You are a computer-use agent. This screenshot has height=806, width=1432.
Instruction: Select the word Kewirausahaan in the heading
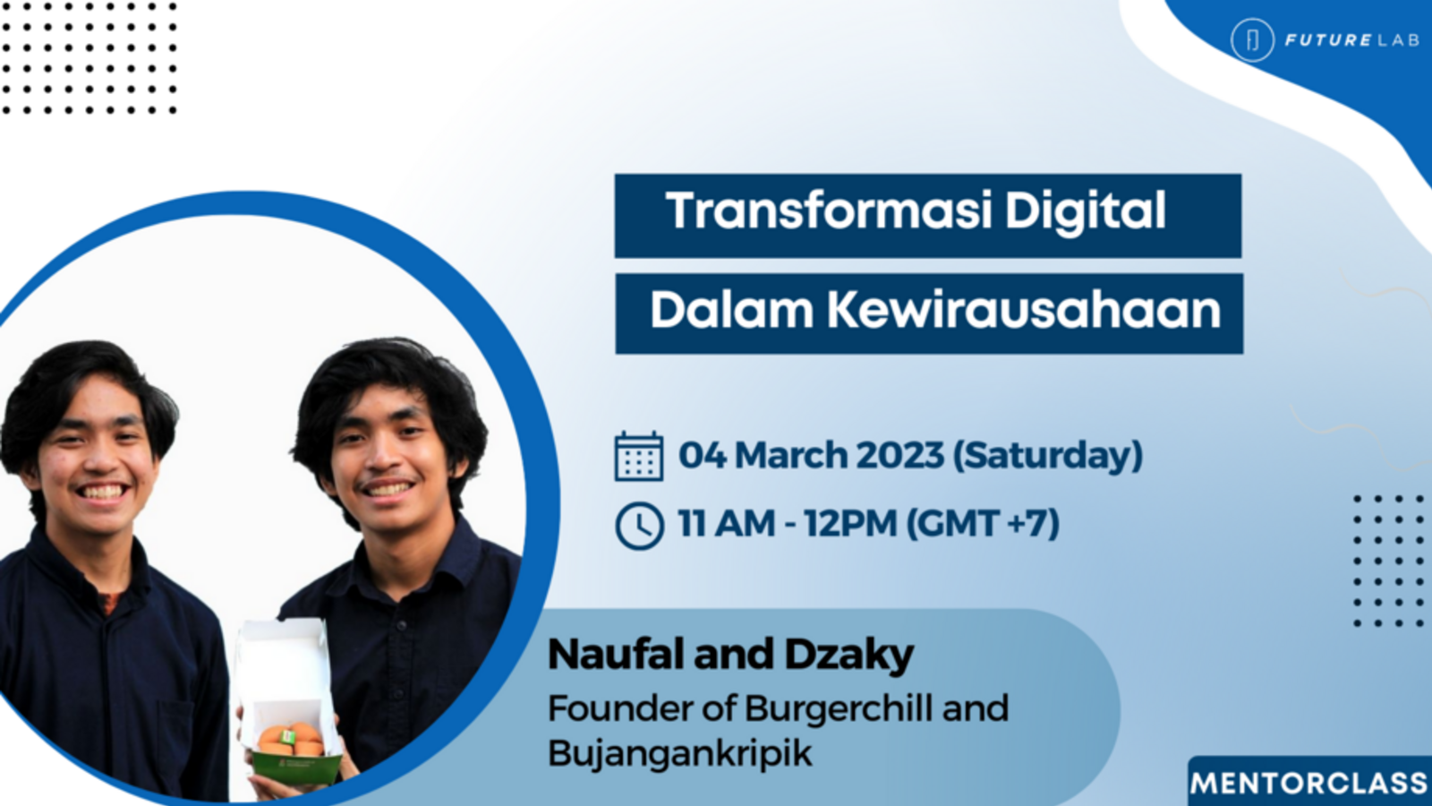[x=1024, y=310]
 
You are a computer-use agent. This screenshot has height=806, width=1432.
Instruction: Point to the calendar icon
[x=639, y=456]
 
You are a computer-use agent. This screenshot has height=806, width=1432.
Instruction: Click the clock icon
[x=639, y=526]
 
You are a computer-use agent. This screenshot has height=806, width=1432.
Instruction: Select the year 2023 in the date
[x=899, y=456]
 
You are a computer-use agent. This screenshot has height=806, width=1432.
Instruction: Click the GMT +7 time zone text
[x=983, y=523]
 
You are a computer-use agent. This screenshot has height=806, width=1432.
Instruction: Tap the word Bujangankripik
[x=679, y=753]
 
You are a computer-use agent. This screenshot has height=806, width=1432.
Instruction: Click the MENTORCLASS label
[x=1309, y=783]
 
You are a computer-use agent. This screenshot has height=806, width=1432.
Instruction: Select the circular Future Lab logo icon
[x=1252, y=39]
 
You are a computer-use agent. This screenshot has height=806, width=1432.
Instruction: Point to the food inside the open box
[x=291, y=739]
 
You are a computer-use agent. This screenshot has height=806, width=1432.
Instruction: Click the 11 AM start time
[x=726, y=523]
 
